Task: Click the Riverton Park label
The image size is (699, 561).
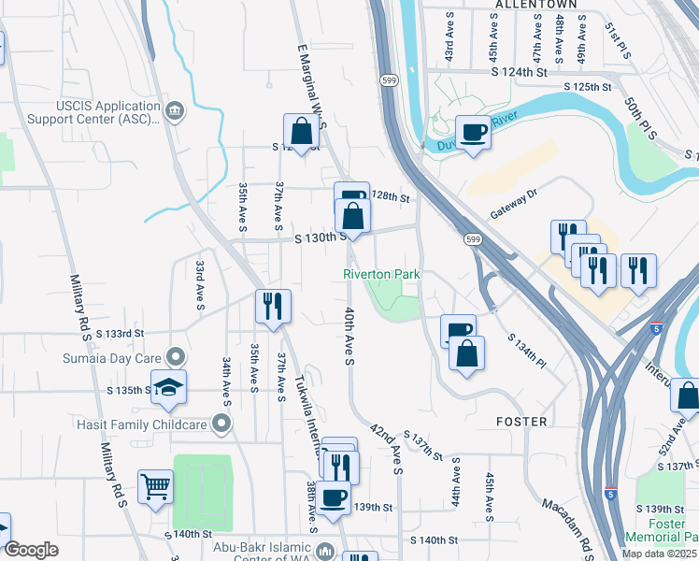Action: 381,274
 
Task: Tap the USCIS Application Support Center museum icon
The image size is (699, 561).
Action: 175,112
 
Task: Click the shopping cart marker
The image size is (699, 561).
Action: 155,485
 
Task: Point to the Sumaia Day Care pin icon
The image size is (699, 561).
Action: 175,356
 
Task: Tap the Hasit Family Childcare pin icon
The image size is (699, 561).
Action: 221,424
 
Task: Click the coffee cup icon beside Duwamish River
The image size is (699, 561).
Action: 473,132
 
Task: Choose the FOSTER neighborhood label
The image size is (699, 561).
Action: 521,422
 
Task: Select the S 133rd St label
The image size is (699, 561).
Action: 119,333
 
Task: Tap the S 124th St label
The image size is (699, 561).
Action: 520,71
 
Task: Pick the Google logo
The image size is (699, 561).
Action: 30,549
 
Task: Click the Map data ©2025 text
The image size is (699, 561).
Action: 658,554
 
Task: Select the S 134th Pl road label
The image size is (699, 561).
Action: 524,349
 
